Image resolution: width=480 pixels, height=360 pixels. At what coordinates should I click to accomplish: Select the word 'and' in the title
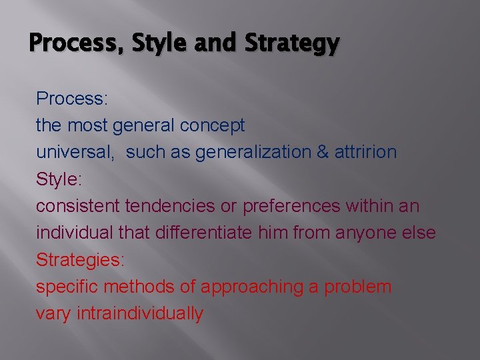coord(217,43)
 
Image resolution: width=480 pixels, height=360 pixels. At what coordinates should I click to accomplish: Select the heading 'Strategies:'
coord(80,260)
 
